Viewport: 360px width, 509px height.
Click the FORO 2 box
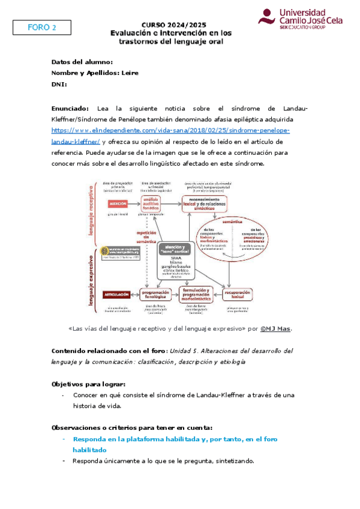click(42, 28)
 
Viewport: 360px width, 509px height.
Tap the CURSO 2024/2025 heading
click(173, 24)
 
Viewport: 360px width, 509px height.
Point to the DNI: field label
click(62, 85)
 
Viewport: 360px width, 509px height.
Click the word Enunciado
click(70, 108)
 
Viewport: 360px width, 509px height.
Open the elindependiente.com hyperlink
click(170, 130)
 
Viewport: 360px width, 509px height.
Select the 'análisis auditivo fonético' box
click(154, 203)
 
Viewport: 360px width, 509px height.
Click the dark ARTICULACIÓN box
click(117, 294)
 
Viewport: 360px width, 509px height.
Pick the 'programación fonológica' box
click(155, 293)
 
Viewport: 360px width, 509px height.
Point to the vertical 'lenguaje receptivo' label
click(91, 207)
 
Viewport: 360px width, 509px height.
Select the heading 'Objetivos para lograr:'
click(89, 384)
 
